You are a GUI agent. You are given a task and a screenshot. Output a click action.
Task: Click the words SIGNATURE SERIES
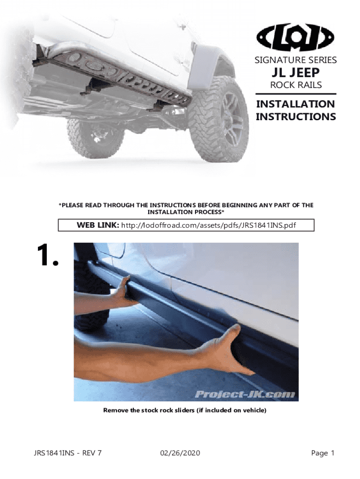pos(295,60)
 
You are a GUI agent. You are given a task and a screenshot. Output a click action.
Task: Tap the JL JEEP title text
pos(295,73)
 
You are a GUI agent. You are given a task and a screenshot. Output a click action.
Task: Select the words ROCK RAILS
pos(296,85)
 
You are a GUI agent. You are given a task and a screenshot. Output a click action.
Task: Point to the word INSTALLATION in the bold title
pos(295,104)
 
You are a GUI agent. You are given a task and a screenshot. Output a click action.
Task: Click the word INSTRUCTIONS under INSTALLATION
pos(295,116)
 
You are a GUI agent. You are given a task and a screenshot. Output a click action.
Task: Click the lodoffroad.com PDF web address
pos(209,225)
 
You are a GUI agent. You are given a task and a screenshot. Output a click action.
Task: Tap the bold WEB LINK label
pos(98,225)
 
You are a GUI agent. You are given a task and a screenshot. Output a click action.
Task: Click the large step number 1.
pos(48,255)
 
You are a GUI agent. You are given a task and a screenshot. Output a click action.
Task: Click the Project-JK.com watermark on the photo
pos(245,394)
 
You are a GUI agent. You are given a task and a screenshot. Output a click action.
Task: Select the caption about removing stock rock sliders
pos(185,410)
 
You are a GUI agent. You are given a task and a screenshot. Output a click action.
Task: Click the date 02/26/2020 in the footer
pos(180,453)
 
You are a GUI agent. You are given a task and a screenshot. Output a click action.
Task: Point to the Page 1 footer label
pos(323,453)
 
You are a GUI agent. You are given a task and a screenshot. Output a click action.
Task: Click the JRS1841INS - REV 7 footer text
pos(67,453)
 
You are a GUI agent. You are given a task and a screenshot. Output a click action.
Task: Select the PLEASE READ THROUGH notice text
pos(186,208)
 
